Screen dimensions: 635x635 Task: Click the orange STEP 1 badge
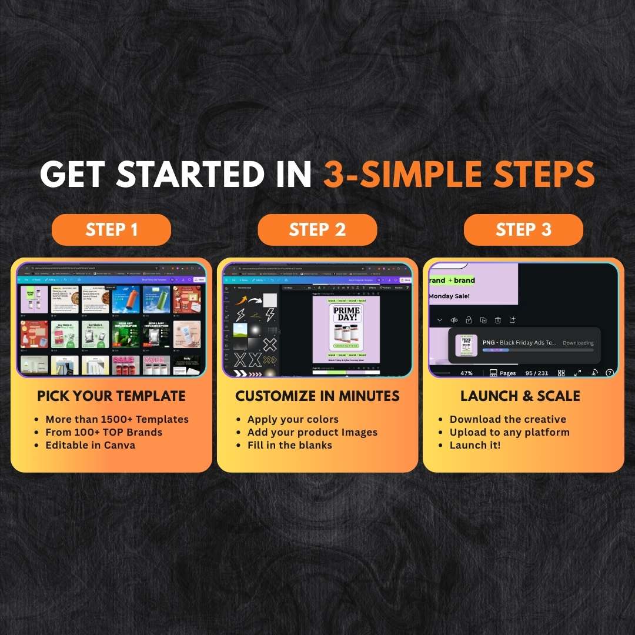[x=111, y=229]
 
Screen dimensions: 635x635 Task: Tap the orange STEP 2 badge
[x=317, y=229]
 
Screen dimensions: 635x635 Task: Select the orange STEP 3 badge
[x=523, y=229]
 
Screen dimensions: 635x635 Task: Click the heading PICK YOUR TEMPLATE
[x=111, y=396]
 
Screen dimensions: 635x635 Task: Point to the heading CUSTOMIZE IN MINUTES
[x=317, y=396]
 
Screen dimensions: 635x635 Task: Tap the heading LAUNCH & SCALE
[x=520, y=396]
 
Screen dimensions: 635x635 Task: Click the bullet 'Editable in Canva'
[x=91, y=445]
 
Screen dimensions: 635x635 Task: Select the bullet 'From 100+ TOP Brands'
[x=103, y=432]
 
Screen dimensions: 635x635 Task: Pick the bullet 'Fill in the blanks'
[x=289, y=445]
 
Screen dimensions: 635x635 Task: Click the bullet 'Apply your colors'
[x=293, y=419]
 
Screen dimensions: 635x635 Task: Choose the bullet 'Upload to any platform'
[x=509, y=432]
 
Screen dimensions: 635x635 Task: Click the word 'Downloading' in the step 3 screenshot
[x=578, y=343]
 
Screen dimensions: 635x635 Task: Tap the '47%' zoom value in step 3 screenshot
[x=466, y=373]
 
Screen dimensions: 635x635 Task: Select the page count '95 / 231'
[x=537, y=373]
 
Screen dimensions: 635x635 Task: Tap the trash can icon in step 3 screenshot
[x=497, y=320]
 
